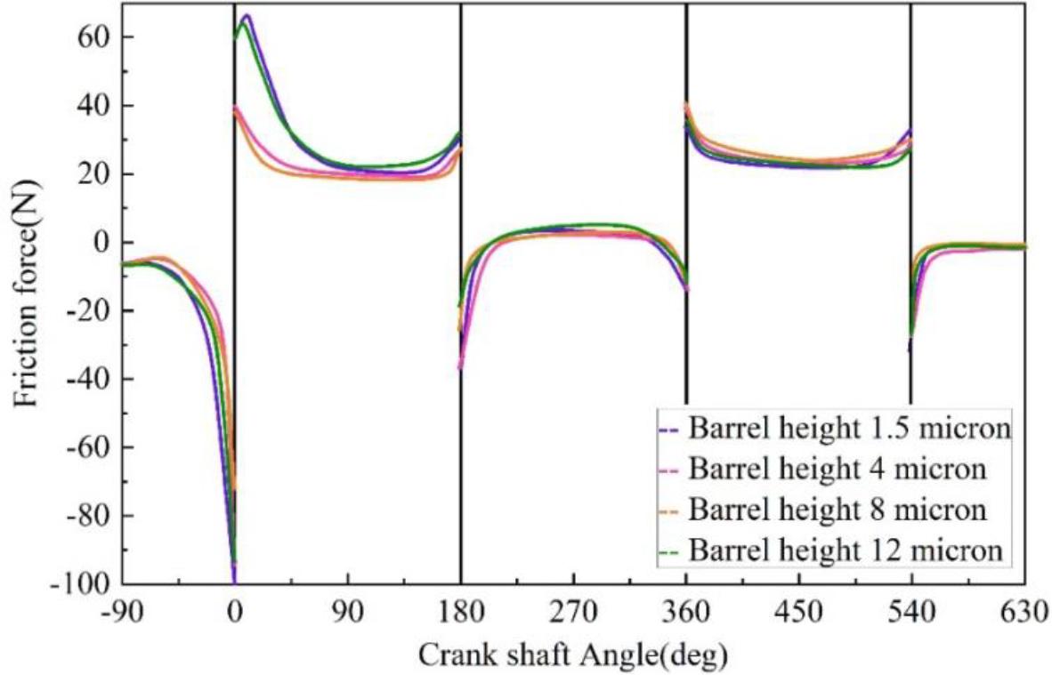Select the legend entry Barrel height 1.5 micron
[x=849, y=428]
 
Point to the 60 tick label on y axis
[x=93, y=37]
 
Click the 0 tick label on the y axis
[x=101, y=242]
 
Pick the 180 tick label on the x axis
[x=461, y=613]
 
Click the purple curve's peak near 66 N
[x=247, y=15]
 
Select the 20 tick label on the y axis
[x=93, y=174]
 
